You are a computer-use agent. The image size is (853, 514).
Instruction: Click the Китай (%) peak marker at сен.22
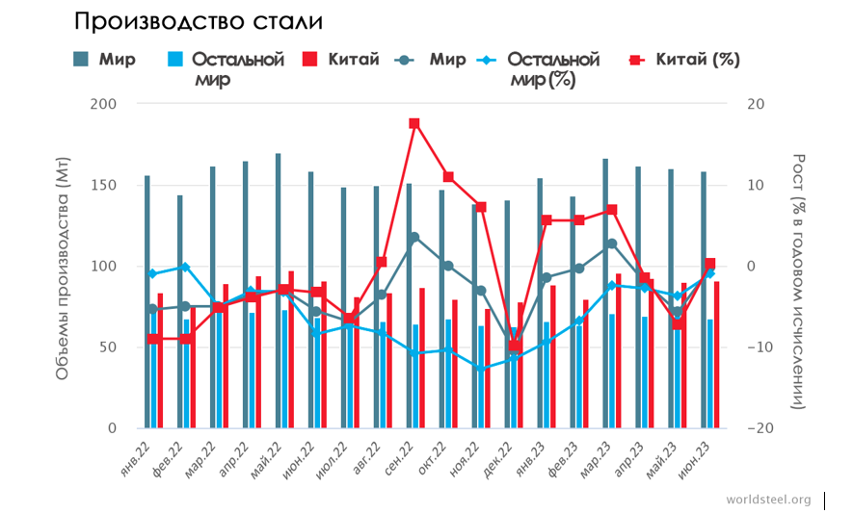[414, 123]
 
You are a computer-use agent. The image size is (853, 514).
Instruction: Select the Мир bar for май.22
[279, 289]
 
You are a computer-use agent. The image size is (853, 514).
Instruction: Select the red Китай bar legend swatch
[310, 60]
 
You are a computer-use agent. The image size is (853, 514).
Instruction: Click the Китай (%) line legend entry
[683, 60]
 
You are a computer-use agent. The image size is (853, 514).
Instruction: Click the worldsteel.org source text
[768, 501]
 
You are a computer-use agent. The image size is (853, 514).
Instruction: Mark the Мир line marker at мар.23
[611, 244]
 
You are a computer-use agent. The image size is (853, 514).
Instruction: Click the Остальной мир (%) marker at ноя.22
[480, 369]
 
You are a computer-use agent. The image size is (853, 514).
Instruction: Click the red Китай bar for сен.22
[421, 357]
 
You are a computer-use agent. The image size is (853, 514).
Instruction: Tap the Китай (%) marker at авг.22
[382, 262]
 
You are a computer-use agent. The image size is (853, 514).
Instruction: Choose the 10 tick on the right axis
[758, 185]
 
